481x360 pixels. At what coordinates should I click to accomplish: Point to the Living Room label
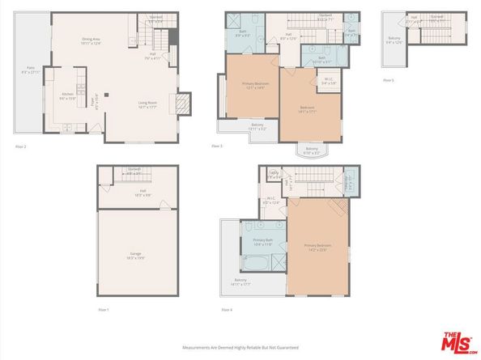tap(147, 104)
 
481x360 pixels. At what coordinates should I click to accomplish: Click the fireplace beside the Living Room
tap(183, 102)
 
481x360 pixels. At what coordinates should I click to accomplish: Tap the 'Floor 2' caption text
tap(21, 146)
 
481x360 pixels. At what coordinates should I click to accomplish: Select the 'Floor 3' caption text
tap(217, 146)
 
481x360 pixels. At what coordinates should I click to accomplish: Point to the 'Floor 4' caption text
tap(228, 310)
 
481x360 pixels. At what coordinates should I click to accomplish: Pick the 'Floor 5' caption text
tap(389, 80)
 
